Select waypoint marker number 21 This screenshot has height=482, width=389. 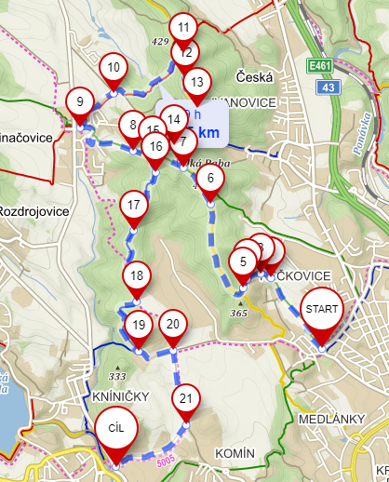click(x=186, y=400)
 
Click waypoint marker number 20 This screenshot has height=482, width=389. click(x=171, y=325)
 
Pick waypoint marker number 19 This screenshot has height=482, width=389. click(x=139, y=326)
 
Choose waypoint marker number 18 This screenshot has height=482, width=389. click(x=137, y=276)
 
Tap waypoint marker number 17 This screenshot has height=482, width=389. click(x=134, y=206)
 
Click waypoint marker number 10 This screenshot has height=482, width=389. click(x=114, y=68)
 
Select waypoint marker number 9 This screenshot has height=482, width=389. click(x=80, y=103)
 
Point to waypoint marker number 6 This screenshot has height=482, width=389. click(x=211, y=179)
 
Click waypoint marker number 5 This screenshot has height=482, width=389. click(x=243, y=261)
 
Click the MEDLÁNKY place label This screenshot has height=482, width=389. click(x=331, y=419)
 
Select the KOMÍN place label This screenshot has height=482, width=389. click(x=235, y=452)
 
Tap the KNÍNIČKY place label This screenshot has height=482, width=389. click(x=121, y=397)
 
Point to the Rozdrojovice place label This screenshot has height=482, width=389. click(x=34, y=211)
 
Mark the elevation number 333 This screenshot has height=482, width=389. click(x=116, y=376)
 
